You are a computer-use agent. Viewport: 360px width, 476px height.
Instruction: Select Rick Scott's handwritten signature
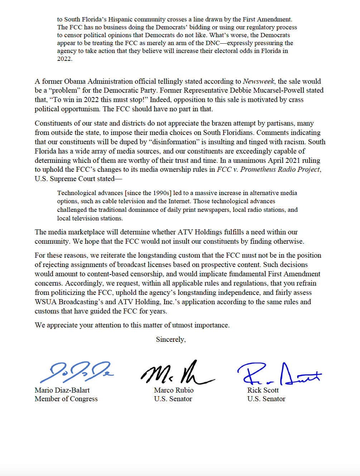click(x=279, y=374)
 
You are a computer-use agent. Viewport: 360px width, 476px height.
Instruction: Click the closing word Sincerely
click(x=170, y=339)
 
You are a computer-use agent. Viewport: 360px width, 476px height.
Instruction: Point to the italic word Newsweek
click(x=258, y=81)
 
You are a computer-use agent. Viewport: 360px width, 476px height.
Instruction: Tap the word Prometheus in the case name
click(x=258, y=169)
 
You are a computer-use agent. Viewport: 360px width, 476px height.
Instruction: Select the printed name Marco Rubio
click(x=174, y=390)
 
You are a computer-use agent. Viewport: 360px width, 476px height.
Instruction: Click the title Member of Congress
click(x=66, y=399)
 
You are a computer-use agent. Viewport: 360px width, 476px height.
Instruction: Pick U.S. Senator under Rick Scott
click(x=266, y=399)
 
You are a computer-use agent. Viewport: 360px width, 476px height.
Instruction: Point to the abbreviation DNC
click(x=213, y=43)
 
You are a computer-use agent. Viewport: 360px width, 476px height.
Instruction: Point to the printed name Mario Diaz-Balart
click(x=62, y=390)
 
